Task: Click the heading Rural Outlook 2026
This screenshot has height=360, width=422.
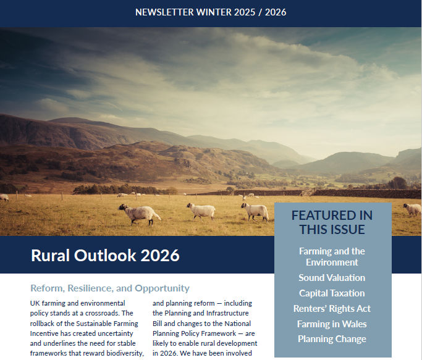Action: click(x=105, y=255)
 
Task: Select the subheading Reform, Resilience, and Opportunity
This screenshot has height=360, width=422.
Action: click(x=110, y=288)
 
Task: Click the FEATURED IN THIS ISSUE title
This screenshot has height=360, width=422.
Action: click(x=332, y=222)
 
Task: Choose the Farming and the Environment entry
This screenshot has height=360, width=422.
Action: click(x=332, y=256)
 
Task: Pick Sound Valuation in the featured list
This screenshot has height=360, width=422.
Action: click(x=332, y=278)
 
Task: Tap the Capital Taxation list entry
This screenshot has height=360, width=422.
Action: click(x=332, y=293)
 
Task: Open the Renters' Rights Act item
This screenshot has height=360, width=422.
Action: click(x=332, y=309)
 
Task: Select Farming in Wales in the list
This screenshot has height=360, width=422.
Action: click(x=332, y=324)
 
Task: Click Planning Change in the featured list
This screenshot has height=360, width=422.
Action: click(x=332, y=339)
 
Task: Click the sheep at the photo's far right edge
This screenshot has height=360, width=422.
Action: click(x=412, y=209)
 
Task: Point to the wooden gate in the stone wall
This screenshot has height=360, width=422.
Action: click(x=308, y=193)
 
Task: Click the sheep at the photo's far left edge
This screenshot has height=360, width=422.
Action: click(x=4, y=198)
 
